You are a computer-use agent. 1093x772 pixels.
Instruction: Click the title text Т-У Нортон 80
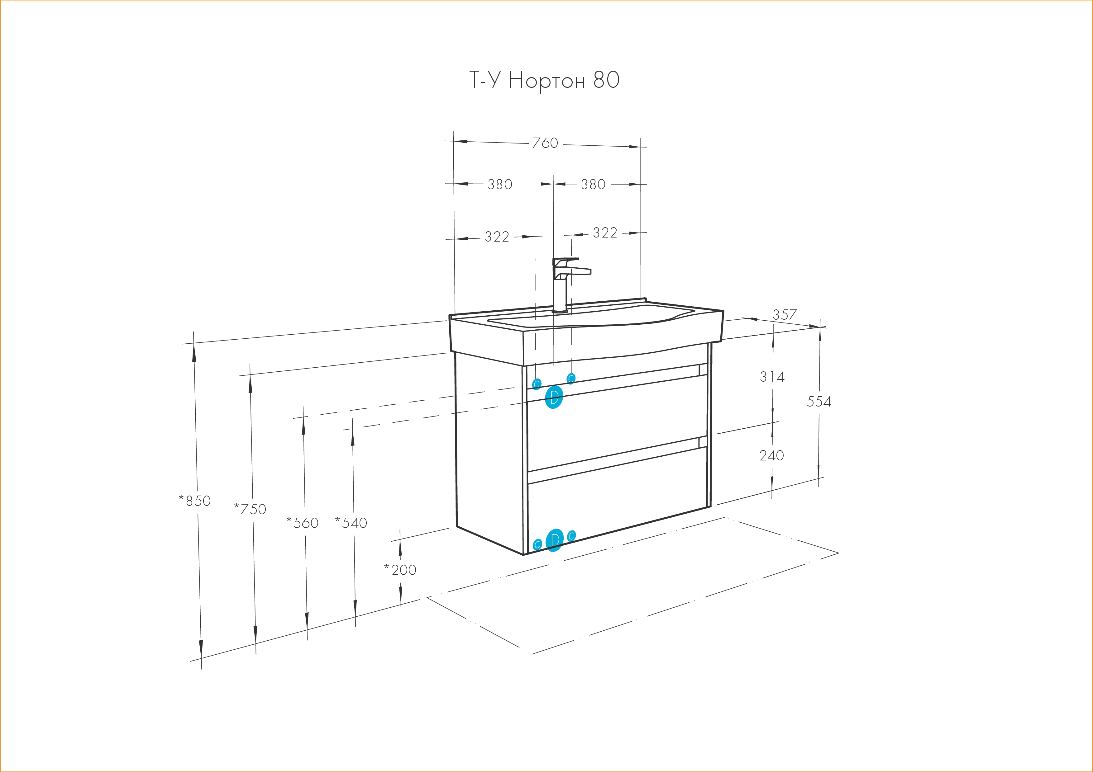(545, 80)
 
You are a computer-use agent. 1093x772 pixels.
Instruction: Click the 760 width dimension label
(545, 143)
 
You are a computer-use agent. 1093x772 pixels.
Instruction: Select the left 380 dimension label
(500, 184)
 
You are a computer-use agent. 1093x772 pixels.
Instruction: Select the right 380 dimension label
(593, 184)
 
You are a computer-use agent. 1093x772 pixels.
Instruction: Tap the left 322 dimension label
(497, 236)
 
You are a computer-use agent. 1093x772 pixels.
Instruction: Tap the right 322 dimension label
(605, 233)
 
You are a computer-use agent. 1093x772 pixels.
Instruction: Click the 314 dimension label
(772, 377)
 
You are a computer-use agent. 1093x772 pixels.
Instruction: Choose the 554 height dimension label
(819, 402)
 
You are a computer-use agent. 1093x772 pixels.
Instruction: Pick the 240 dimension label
(772, 456)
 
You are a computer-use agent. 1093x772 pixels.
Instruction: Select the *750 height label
(250, 509)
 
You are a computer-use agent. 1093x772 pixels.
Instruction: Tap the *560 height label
(302, 523)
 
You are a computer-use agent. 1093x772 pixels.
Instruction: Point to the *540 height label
(351, 523)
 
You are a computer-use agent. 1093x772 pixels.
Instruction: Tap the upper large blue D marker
(554, 398)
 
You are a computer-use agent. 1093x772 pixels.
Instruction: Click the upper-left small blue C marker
(537, 384)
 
